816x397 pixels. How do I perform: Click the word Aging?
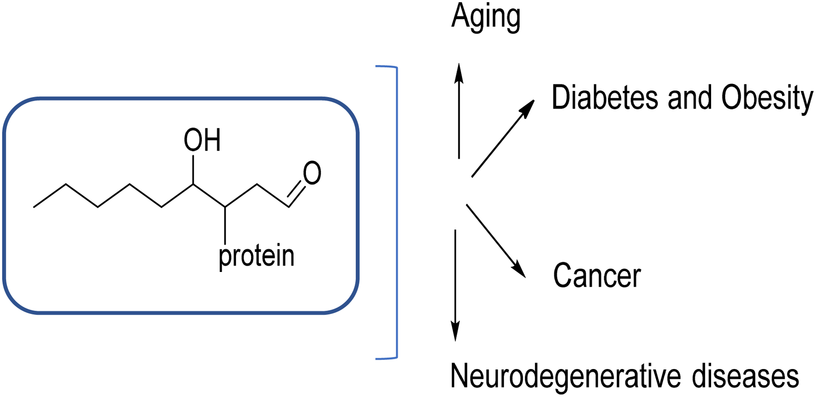click(x=485, y=18)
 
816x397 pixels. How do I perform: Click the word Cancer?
click(x=597, y=275)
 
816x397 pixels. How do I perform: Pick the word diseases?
click(x=745, y=376)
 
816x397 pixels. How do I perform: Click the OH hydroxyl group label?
click(x=202, y=140)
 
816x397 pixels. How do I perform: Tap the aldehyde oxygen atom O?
click(x=312, y=174)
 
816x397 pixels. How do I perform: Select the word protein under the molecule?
click(x=256, y=257)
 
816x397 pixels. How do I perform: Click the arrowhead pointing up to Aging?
click(x=459, y=73)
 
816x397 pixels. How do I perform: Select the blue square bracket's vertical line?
click(x=396, y=213)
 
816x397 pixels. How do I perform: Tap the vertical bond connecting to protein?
click(x=225, y=225)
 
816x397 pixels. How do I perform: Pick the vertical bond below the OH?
click(x=194, y=170)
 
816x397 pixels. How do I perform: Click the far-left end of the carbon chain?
click(x=34, y=207)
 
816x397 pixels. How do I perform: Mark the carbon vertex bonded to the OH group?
click(x=194, y=185)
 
